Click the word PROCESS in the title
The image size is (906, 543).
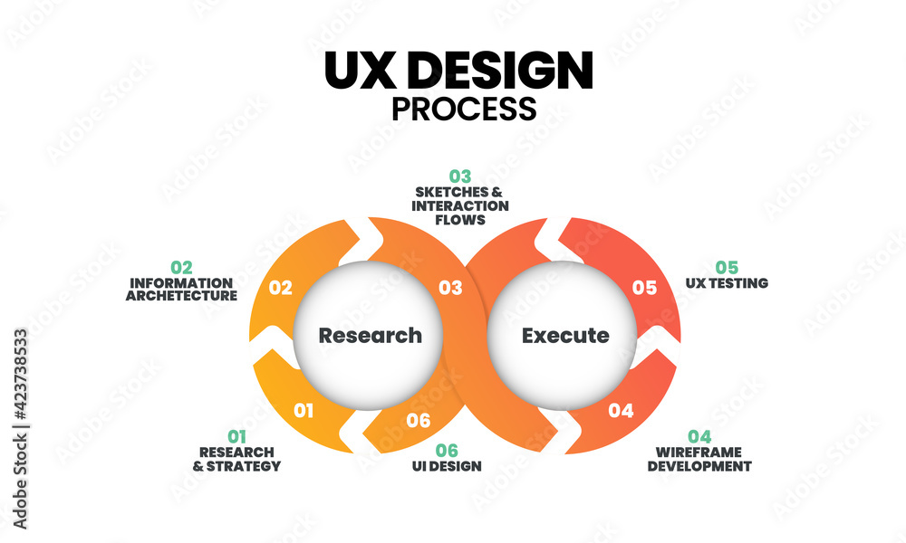pos(463,109)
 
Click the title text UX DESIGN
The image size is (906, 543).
pos(458,71)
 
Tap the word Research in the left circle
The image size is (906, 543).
pos(370,336)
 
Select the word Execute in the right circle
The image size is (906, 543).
pos(565,336)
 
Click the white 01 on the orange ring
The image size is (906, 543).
pos(304,411)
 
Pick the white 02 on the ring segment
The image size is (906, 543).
pos(281,289)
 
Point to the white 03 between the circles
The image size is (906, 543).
pos(450,289)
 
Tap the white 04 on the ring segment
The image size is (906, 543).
pos(621,411)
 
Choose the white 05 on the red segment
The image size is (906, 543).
pos(644,289)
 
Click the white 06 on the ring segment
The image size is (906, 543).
pos(418,421)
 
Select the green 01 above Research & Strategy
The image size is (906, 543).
pos(236,437)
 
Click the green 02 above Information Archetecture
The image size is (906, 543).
pos(182,267)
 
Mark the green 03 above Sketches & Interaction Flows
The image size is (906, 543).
pos(461,176)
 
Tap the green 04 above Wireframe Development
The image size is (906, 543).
pos(699,437)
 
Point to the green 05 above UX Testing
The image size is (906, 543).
pos(727,267)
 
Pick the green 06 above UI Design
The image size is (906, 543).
pos(447,450)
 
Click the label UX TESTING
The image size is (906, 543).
pos(727,283)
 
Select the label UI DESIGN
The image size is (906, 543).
pos(447,466)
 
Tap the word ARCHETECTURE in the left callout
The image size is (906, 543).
pos(182,296)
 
